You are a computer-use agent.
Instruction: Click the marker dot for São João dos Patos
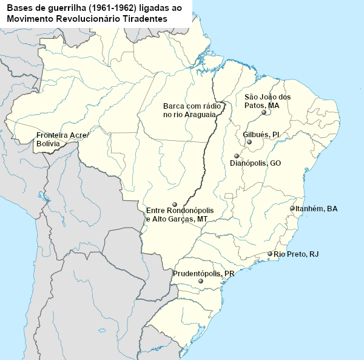click(264, 112)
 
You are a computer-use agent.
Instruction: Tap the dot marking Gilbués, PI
click(249, 142)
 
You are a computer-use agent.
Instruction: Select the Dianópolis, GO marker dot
click(237, 156)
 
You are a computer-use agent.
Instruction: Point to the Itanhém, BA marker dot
click(292, 208)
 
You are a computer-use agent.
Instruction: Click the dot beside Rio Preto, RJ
click(270, 254)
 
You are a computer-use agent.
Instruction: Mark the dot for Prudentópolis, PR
click(201, 282)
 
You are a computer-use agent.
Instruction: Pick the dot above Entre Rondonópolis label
click(175, 204)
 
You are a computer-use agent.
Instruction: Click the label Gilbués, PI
click(261, 134)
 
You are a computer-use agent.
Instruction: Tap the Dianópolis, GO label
click(255, 163)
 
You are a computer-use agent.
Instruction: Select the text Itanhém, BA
click(316, 209)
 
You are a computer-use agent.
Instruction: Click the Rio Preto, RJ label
click(296, 254)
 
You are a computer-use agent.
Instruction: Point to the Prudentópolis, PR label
click(203, 274)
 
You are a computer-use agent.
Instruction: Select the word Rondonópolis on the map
click(192, 211)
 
